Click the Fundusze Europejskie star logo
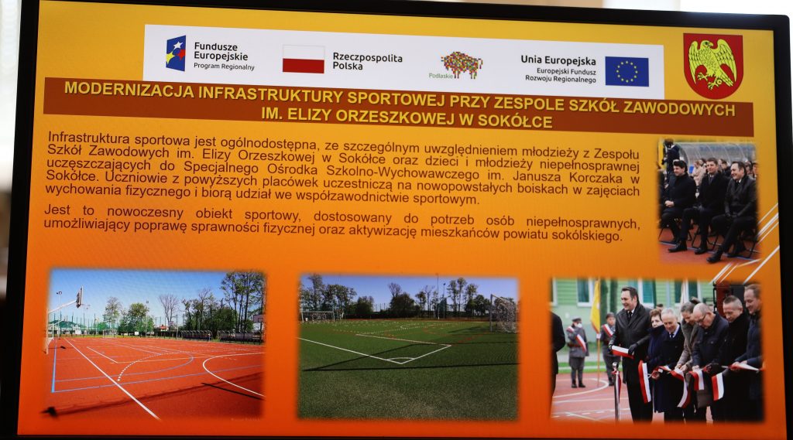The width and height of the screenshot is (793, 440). tap(176, 53)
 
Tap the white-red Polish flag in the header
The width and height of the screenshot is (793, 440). tap(304, 59)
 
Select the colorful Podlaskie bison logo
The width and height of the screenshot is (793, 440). tap(462, 63)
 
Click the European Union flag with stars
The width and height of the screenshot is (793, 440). tap(627, 71)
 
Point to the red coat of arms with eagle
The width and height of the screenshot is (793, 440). tap(713, 66)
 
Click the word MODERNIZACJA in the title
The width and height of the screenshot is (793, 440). tap(129, 89)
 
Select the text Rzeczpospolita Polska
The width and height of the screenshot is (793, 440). tap(367, 61)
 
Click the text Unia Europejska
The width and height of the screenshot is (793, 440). tap(558, 60)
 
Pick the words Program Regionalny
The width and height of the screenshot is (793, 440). tap(224, 67)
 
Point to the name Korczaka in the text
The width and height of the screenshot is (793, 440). tap(590, 177)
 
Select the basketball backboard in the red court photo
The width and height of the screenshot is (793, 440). tap(80, 298)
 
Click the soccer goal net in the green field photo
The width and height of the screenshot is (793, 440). tap(503, 313)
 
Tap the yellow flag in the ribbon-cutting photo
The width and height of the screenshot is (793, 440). tap(596, 305)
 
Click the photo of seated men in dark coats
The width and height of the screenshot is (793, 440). tap(708, 200)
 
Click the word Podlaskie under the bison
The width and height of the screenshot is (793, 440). tap(441, 76)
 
